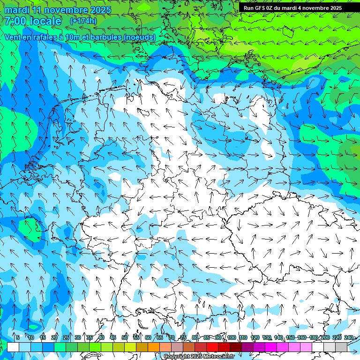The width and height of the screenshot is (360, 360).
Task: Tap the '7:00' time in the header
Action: [15, 21]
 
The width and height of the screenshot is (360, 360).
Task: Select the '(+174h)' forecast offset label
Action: [83, 21]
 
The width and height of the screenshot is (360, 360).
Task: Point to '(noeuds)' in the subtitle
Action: [139, 37]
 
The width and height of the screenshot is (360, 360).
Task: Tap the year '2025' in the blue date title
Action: [100, 9]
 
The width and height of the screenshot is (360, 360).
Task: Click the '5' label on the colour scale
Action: [18, 337]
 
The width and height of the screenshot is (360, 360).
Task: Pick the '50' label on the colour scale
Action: [125, 337]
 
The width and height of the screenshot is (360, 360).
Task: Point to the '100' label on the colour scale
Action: [232, 337]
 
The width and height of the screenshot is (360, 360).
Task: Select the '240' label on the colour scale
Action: [348, 337]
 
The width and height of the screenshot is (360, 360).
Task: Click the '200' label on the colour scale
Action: [325, 337]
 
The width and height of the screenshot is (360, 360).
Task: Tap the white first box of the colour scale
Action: [13, 347]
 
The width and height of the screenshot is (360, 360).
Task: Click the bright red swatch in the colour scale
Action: [212, 347]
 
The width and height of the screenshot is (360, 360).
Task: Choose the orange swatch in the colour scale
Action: [154, 347]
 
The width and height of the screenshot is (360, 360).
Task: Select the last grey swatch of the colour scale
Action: [341, 347]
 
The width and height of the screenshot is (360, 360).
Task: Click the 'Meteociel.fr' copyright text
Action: [216, 357]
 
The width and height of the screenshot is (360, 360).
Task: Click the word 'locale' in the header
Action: [45, 21]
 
